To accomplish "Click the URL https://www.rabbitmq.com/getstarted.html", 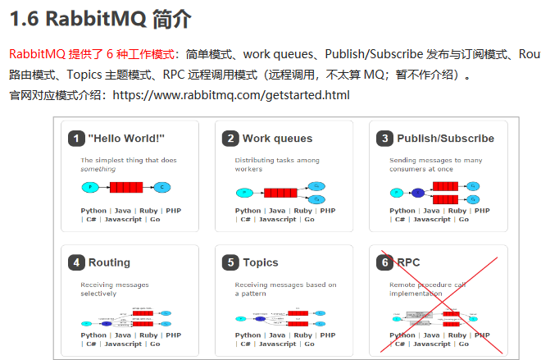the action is [230, 95].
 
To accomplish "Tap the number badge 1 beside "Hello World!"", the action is [76, 139].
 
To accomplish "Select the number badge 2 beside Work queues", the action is [230, 139].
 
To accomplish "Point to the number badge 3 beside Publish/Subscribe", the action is [384, 139].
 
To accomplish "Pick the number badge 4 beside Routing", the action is [76, 262].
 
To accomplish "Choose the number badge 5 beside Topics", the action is [230, 262].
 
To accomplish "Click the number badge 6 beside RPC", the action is [384, 262].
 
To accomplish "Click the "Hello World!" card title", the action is [126, 139].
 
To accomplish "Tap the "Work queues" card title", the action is [277, 139].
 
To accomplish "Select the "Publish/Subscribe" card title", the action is [445, 139].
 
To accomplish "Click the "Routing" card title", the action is [109, 262].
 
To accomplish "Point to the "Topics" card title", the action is [260, 262].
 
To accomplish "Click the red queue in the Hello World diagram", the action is [126, 187].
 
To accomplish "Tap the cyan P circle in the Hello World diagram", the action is [89, 187].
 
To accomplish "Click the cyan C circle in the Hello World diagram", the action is [161, 187].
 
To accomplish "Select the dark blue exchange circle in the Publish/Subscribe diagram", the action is [418, 193].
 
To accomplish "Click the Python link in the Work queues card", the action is [248, 211].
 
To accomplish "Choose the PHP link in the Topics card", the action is [328, 335].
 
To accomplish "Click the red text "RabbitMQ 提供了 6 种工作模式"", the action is [92, 54].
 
